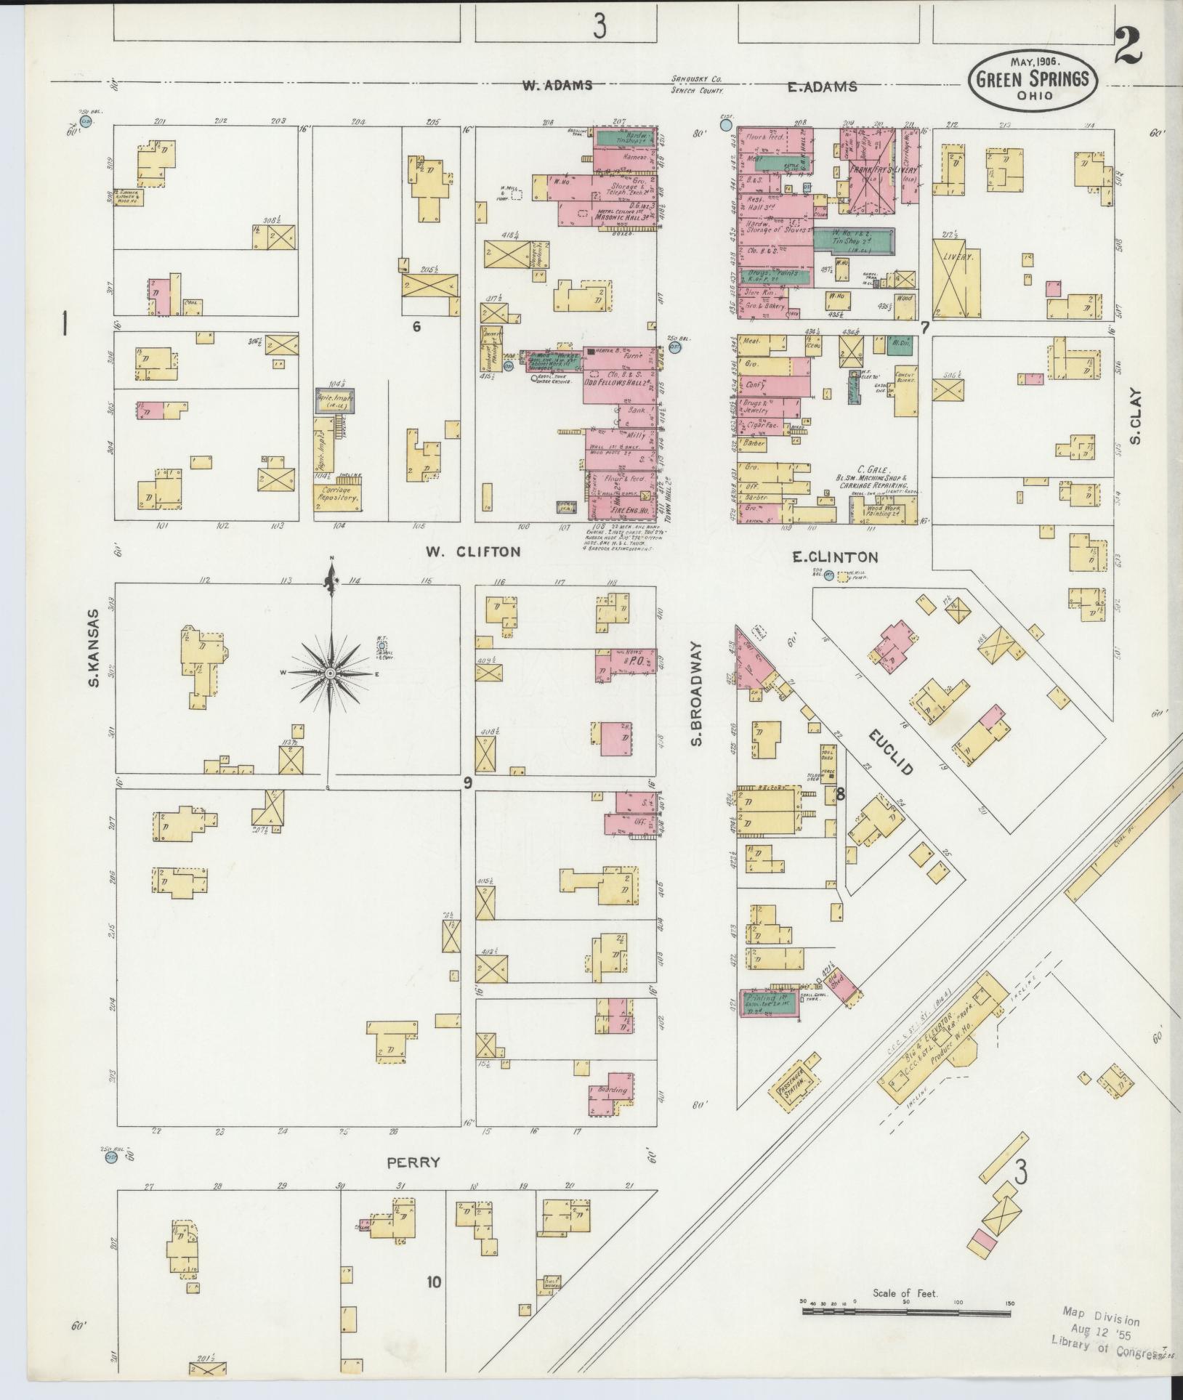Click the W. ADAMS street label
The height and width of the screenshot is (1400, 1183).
[557, 86]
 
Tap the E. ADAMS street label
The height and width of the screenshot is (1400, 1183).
[823, 87]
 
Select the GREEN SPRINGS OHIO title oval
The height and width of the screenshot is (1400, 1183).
[1032, 81]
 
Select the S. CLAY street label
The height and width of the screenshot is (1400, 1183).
[1136, 417]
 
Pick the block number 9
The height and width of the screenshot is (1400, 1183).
[468, 782]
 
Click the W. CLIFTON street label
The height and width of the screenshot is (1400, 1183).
[473, 551]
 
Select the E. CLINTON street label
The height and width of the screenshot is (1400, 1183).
[835, 557]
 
